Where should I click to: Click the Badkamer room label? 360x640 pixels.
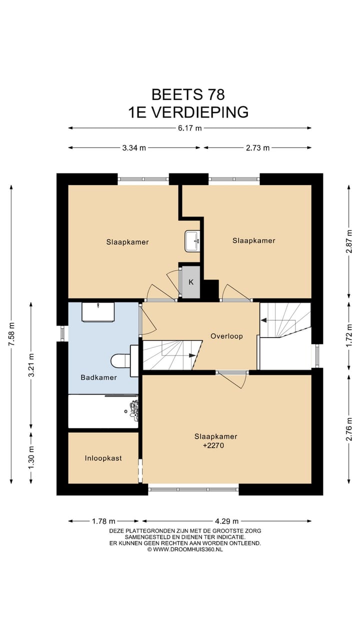pyautogui.click(x=98, y=377)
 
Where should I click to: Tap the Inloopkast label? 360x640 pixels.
pyautogui.click(x=103, y=458)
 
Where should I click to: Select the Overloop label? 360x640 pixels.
pyautogui.click(x=226, y=336)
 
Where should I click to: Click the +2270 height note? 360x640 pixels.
pyautogui.click(x=213, y=445)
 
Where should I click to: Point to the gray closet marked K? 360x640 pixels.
pyautogui.click(x=191, y=282)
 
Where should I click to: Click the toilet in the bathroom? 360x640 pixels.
pyautogui.click(x=121, y=360)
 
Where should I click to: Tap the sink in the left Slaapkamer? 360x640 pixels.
pyautogui.click(x=192, y=241)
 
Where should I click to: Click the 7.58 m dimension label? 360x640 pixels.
pyautogui.click(x=11, y=334)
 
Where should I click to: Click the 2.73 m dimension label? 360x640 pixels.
pyautogui.click(x=257, y=147)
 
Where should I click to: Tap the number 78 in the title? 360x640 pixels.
pyautogui.click(x=216, y=94)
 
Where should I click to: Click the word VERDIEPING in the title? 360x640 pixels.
pyautogui.click(x=199, y=112)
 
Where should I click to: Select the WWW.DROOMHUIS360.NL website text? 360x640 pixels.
pyautogui.click(x=188, y=549)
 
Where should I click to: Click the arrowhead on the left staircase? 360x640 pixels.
pyautogui.click(x=192, y=355)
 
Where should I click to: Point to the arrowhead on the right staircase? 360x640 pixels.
pyautogui.click(x=264, y=320)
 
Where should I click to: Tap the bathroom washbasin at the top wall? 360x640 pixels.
pyautogui.click(x=98, y=312)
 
